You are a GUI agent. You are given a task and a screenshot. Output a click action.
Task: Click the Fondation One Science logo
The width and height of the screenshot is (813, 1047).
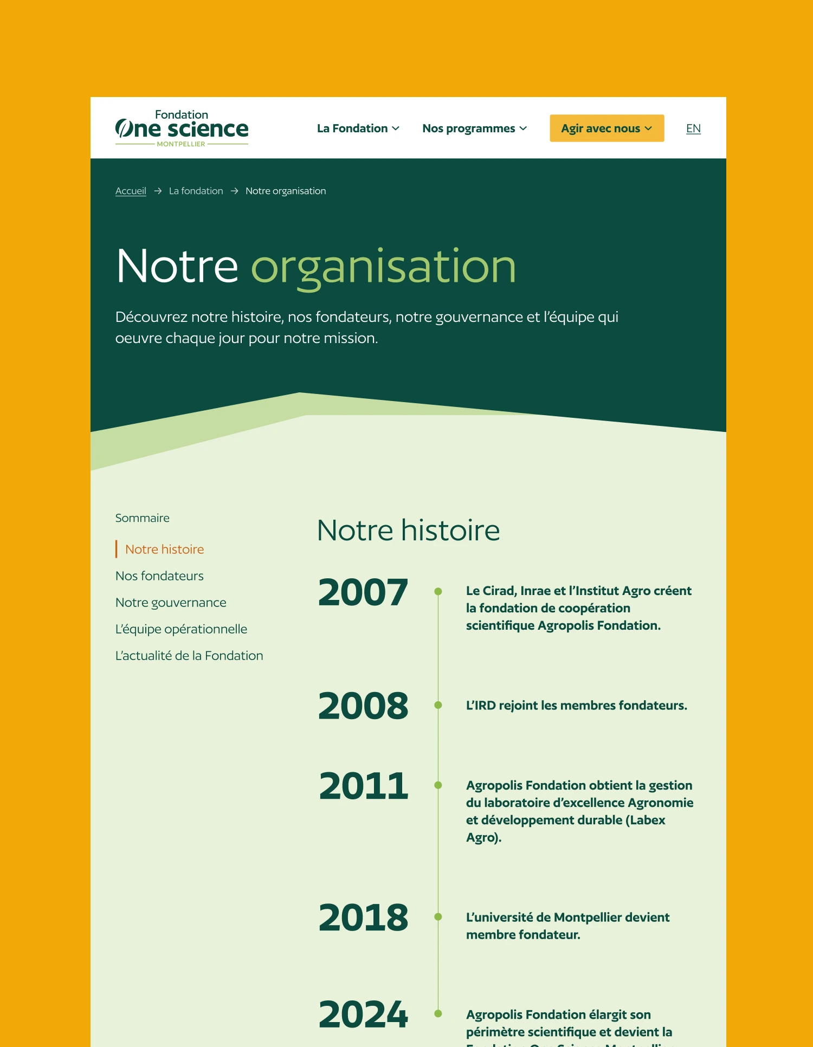click(x=182, y=128)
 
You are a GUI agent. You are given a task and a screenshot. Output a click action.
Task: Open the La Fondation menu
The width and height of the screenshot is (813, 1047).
click(x=358, y=128)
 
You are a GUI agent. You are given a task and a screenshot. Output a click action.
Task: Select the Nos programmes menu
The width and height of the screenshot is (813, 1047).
click(x=474, y=128)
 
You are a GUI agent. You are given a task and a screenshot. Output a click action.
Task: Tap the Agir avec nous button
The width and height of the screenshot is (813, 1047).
click(x=606, y=128)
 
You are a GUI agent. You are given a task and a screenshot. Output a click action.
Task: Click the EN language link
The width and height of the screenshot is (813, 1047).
click(x=693, y=128)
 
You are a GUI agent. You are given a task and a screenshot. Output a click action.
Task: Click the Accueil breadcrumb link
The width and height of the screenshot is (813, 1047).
click(x=131, y=191)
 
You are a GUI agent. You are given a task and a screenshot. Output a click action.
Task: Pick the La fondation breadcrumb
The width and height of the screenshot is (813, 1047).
click(x=196, y=191)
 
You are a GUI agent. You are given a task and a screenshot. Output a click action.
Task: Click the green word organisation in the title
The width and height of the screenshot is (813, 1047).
click(x=383, y=267)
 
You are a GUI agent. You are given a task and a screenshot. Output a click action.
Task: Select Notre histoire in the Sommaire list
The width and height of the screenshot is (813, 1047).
click(x=164, y=549)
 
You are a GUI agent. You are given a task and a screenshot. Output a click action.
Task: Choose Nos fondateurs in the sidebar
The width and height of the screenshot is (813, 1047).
click(x=159, y=576)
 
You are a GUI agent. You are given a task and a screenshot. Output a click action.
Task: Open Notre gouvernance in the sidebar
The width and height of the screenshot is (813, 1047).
click(x=171, y=602)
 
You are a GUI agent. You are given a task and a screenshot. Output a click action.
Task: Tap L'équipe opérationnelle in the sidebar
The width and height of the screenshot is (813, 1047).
click(x=181, y=629)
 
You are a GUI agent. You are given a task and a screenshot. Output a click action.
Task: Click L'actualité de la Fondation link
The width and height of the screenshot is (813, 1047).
click(x=189, y=655)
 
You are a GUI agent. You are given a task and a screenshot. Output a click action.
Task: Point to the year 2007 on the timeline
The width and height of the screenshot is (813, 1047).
click(x=363, y=592)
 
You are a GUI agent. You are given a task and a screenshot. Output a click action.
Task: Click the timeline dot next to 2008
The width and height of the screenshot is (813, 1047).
click(x=438, y=705)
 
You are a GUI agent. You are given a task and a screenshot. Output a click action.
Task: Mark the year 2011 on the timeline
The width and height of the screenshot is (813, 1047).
click(x=363, y=785)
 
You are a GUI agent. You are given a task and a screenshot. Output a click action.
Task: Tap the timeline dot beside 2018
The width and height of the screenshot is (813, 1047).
click(x=438, y=917)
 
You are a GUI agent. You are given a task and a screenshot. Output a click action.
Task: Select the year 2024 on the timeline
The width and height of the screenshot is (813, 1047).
click(x=363, y=1013)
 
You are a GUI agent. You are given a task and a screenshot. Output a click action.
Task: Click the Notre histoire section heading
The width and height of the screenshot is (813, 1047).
click(x=408, y=530)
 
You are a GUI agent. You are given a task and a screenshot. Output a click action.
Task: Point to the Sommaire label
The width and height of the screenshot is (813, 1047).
click(x=142, y=518)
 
